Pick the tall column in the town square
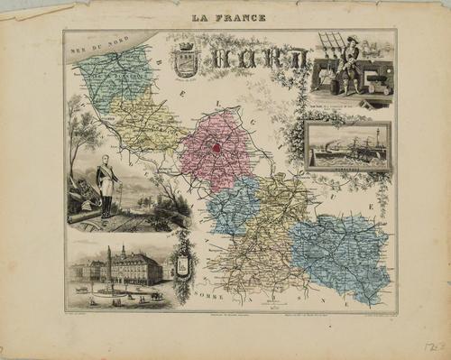pos(109,267)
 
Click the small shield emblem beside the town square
pos(183,265)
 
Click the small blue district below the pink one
pos(233,205)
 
